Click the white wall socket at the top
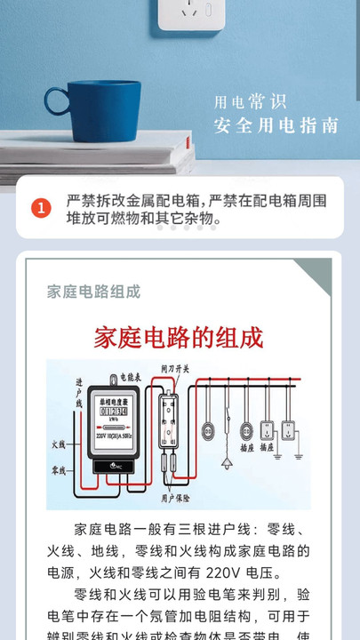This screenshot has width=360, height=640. click(190, 15)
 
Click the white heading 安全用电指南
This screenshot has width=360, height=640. click(276, 125)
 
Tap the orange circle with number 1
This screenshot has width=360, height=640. click(42, 209)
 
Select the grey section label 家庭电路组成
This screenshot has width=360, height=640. click(93, 292)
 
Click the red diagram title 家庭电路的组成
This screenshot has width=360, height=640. click(179, 338)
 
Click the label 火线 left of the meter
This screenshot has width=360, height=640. click(59, 444)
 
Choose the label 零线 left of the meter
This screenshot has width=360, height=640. click(59, 468)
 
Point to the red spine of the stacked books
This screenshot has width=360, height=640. click(191, 164)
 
